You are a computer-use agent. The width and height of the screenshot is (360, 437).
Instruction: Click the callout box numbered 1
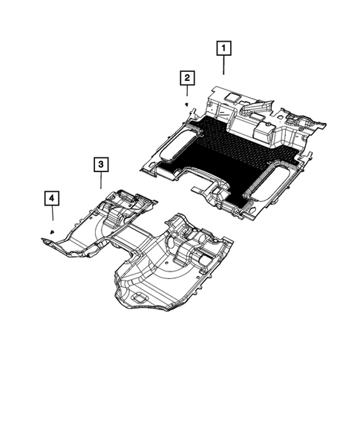223,49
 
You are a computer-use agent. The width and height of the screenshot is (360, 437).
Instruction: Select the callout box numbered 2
186,78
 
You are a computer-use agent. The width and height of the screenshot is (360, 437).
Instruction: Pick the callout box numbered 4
52,198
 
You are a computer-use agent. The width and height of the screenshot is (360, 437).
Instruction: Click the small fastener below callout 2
186,105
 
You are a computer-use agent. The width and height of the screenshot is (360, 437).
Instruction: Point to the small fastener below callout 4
52,232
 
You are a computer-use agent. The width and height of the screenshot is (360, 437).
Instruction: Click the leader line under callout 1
223,65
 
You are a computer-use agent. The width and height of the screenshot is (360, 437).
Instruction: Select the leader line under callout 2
186,92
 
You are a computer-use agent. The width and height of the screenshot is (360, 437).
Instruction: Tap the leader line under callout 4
52,216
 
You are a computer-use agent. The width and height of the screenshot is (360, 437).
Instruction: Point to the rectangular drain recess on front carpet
139,295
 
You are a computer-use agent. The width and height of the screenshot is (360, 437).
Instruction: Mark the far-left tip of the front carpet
42,238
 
